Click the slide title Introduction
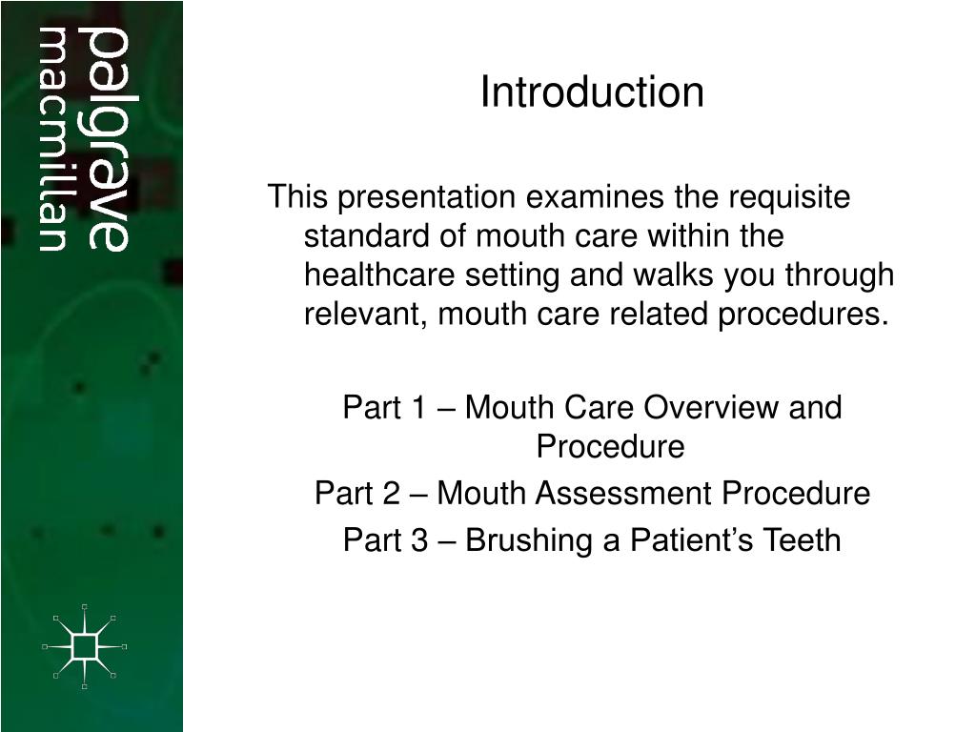592,92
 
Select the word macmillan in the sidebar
53,140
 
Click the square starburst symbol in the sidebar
85,647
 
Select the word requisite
789,197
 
